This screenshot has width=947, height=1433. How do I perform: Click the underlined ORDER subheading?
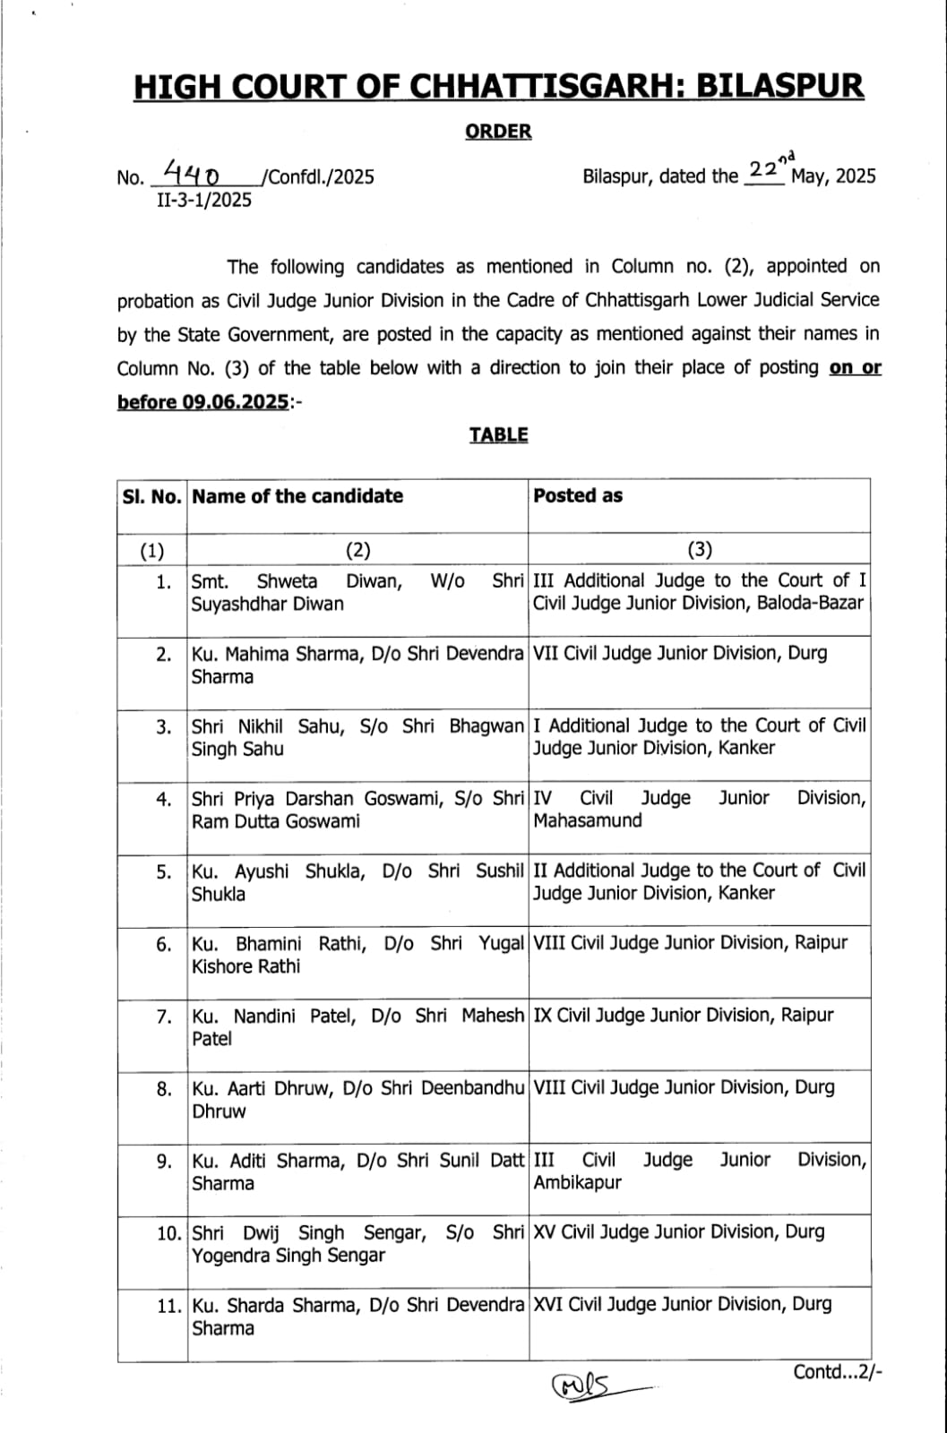tap(498, 132)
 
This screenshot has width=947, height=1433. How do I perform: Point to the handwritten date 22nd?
tap(769, 168)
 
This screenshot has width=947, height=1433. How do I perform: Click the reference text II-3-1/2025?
tap(204, 200)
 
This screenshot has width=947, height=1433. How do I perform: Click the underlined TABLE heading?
tap(498, 435)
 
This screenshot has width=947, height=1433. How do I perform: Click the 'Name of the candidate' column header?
tap(297, 496)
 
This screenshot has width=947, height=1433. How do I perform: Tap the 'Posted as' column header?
tap(578, 496)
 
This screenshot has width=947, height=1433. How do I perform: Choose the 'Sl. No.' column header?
tap(151, 496)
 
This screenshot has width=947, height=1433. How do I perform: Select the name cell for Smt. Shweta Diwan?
tap(357, 593)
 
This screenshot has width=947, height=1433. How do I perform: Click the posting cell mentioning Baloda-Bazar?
tap(699, 593)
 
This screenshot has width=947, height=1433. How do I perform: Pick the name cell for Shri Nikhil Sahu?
tap(357, 737)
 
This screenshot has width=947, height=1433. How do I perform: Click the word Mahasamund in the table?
tap(588, 820)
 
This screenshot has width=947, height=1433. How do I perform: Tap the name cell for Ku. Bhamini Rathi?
tap(357, 955)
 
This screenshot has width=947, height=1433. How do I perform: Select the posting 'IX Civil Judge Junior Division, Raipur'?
tap(683, 1016)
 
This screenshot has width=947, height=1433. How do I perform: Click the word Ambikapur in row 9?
tap(577, 1182)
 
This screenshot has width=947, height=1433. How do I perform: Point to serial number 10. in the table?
tap(168, 1233)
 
